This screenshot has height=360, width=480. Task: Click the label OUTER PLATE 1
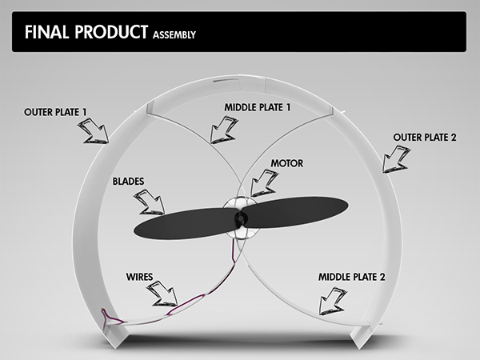pyautogui.click(x=55, y=112)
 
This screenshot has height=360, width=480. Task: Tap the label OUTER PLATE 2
pyautogui.click(x=425, y=138)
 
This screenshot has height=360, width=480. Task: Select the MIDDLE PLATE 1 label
pyautogui.click(x=257, y=107)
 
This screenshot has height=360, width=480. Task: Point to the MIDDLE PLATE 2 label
pyautogui.click(x=351, y=277)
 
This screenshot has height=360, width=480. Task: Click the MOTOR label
pyautogui.click(x=287, y=163)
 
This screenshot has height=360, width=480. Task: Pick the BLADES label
pyautogui.click(x=128, y=182)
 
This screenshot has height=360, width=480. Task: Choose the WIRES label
pyautogui.click(x=139, y=277)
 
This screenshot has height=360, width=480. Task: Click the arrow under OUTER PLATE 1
pyautogui.click(x=94, y=131)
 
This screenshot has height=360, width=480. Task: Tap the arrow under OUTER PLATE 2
pyautogui.click(x=395, y=159)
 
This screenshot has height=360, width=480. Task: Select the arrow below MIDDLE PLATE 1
pyautogui.click(x=223, y=130)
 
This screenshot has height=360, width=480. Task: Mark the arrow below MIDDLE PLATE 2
pyautogui.click(x=332, y=302)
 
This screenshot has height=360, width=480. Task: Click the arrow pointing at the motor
pyautogui.click(x=264, y=183)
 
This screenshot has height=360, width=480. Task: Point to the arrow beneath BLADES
pyautogui.click(x=150, y=202)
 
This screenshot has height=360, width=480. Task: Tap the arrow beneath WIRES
pyautogui.click(x=162, y=294)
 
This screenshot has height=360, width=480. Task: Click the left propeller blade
pyautogui.click(x=186, y=223)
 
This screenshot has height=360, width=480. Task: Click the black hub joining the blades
pyautogui.click(x=240, y=218)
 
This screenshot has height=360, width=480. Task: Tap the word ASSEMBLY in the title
pyautogui.click(x=174, y=35)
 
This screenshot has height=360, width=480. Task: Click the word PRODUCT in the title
pyautogui.click(x=111, y=32)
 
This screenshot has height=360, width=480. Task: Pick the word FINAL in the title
pyautogui.click(x=46, y=32)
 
